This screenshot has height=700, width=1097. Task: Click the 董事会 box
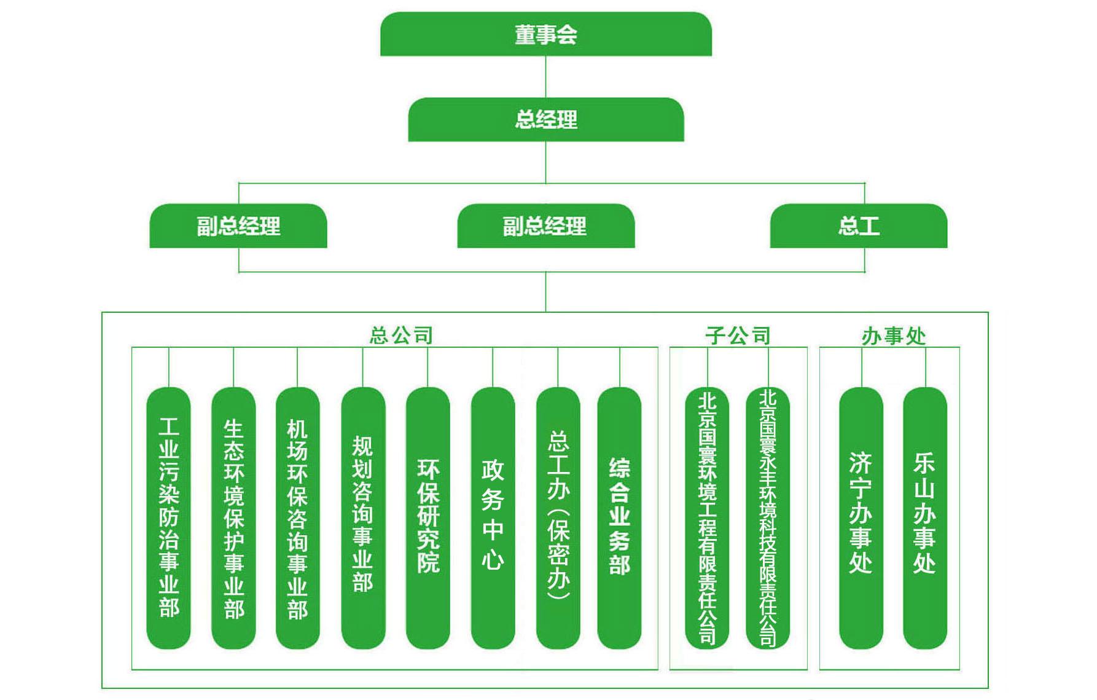pyautogui.click(x=545, y=34)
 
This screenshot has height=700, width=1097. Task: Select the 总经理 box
pyautogui.click(x=545, y=119)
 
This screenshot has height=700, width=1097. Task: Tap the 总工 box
pyautogui.click(x=858, y=226)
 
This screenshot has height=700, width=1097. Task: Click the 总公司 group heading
pyautogui.click(x=401, y=336)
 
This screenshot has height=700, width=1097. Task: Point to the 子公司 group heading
pyautogui.click(x=738, y=336)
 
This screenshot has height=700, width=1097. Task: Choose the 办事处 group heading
pyautogui.click(x=893, y=336)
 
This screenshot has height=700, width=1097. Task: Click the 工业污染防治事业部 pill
pyautogui.click(x=169, y=517)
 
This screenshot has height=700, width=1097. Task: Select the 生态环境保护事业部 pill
pyautogui.click(x=233, y=517)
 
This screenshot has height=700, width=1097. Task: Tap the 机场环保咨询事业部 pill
pyautogui.click(x=298, y=517)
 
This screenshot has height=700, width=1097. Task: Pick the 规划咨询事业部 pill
pyautogui.click(x=363, y=517)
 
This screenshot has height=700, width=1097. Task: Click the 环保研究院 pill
pyautogui.click(x=428, y=517)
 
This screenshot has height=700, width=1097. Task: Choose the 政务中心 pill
pyautogui.click(x=493, y=517)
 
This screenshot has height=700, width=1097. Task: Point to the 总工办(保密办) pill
pyautogui.click(x=558, y=517)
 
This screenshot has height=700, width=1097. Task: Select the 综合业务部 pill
pyautogui.click(x=619, y=517)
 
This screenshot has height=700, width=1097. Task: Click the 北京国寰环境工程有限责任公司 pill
pyautogui.click(x=707, y=517)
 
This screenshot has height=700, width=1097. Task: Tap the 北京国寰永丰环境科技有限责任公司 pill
pyautogui.click(x=768, y=517)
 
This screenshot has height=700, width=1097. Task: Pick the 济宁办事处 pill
pyautogui.click(x=861, y=517)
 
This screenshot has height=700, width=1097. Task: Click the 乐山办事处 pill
pyautogui.click(x=925, y=517)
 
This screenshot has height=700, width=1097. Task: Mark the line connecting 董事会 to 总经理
pyautogui.click(x=545, y=77)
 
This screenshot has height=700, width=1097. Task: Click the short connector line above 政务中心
pyautogui.click(x=493, y=368)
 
